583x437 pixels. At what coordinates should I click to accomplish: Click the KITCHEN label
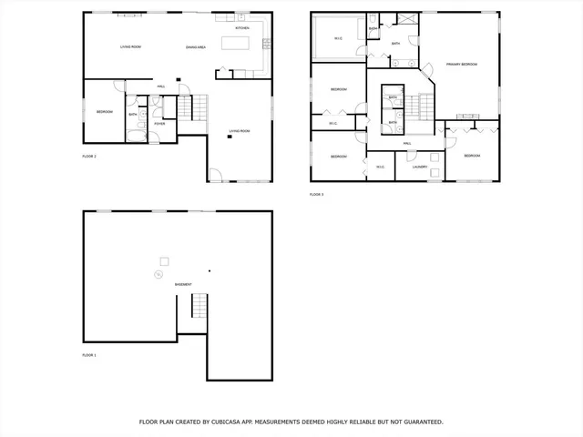242,28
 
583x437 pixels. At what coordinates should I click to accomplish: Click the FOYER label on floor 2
159,123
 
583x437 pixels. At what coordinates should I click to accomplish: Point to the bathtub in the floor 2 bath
133,136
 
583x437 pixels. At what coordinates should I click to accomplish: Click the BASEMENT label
183,285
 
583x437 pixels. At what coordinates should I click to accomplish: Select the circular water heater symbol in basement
158,273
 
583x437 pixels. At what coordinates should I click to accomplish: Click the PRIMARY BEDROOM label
463,65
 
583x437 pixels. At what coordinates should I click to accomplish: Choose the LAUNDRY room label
420,167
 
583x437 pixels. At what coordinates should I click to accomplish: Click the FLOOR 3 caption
316,194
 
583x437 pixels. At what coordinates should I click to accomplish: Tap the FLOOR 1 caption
88,354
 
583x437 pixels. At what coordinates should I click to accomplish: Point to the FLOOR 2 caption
88,156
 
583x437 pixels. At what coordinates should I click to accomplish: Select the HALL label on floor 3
407,143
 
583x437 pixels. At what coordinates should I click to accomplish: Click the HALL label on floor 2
160,86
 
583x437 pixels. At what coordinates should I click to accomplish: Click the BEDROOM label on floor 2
105,111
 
